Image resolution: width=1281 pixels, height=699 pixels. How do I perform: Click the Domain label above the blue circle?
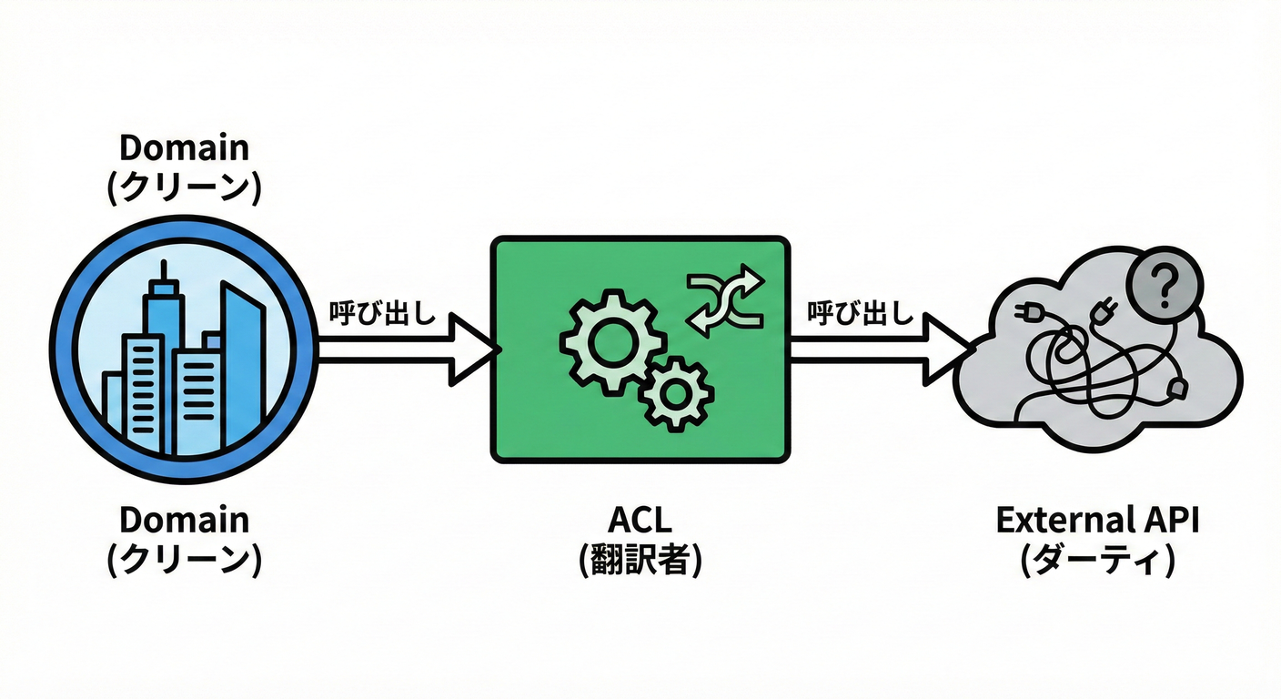184,147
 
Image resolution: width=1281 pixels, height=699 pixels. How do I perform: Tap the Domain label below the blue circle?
184,520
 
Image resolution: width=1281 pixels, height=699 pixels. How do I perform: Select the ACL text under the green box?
640,520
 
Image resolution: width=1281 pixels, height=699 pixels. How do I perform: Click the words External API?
1097,520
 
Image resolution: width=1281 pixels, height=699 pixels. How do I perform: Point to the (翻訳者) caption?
640,560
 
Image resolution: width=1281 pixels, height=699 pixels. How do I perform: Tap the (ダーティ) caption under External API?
1097,560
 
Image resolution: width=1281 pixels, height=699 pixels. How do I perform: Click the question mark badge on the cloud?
1165,285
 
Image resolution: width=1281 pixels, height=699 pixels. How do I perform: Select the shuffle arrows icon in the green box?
725,298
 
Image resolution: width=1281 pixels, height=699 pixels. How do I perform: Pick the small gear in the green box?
676,393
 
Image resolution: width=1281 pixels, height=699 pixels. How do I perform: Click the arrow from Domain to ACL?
408,349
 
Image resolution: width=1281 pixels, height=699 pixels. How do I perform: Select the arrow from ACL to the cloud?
881,349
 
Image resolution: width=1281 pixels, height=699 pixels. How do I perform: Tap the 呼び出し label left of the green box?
383,313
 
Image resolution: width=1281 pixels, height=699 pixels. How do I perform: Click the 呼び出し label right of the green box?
861,313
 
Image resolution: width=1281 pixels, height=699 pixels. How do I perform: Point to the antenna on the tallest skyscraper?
164,271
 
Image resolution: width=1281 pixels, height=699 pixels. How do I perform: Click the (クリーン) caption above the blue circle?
184,187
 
